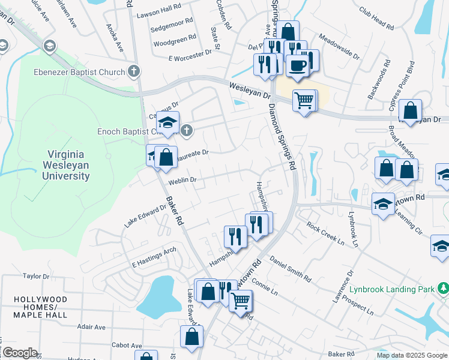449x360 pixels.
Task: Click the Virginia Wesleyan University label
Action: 66,165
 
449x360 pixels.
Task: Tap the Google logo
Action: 19,353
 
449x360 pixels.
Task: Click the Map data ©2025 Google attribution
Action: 411,355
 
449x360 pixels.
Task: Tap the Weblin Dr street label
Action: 182,180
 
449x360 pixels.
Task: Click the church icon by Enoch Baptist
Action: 187,130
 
